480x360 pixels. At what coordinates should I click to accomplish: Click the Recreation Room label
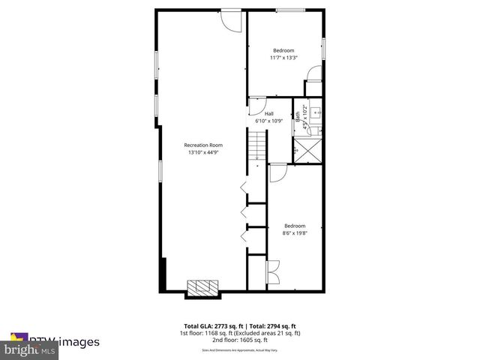[204, 145]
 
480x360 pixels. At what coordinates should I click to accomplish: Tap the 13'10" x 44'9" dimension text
[204, 152]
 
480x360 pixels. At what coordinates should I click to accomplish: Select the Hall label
[269, 113]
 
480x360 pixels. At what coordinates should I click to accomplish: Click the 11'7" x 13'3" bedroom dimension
[283, 57]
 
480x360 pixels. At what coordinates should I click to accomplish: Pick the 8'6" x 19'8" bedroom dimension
[295, 232]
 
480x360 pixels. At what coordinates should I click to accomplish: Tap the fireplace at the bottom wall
[202, 287]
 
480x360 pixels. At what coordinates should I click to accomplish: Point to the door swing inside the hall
[256, 104]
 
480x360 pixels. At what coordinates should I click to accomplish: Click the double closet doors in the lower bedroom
[272, 271]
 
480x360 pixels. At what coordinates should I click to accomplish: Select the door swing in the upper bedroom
[314, 73]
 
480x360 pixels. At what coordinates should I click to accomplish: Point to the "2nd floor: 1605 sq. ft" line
[240, 339]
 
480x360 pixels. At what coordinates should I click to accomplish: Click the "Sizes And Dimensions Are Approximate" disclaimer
[240, 350]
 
